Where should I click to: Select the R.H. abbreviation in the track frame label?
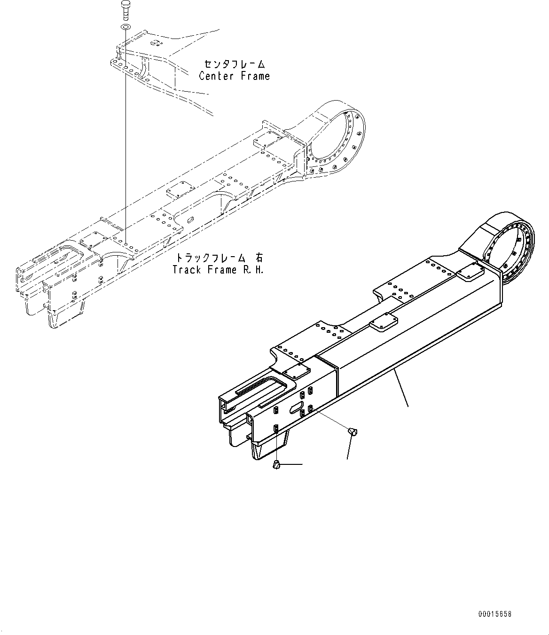pos(252,270)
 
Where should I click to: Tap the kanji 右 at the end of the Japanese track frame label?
pos(259,258)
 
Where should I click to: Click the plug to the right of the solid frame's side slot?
pos(354,430)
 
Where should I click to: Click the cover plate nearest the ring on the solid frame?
pos(468,274)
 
